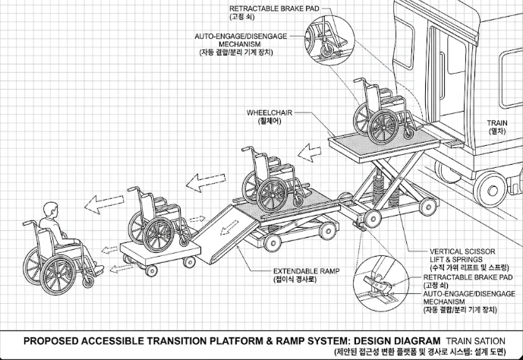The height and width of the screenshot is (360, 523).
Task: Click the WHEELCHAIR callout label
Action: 269,112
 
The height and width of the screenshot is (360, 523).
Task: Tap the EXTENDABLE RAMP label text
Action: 306,271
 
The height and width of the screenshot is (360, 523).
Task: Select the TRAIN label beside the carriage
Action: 497,123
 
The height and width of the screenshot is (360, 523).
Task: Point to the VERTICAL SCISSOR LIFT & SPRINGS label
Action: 462,255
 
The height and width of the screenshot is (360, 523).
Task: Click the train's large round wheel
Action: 492,191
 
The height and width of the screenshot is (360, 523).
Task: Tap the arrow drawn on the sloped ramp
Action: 229,227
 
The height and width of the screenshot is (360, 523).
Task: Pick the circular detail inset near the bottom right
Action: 381,284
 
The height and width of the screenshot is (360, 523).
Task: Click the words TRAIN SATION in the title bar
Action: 476,341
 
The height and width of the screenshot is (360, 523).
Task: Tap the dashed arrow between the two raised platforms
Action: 309,153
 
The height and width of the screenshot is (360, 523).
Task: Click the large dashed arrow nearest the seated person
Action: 104,204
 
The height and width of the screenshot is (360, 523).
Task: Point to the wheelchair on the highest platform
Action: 383,112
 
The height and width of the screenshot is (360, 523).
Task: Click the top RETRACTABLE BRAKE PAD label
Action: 274,8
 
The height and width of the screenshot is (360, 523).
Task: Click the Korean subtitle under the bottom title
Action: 421,352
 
